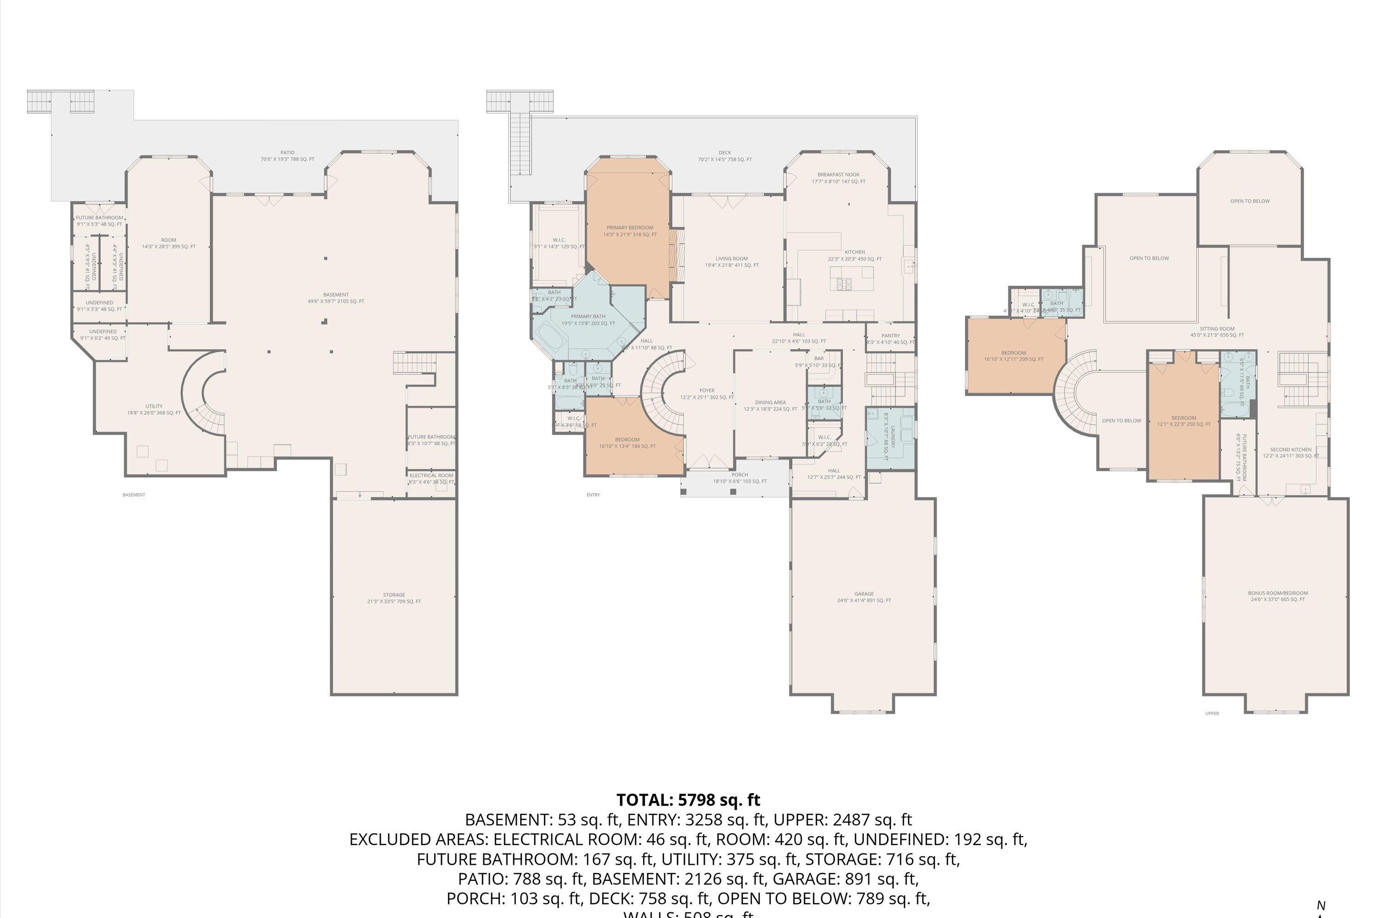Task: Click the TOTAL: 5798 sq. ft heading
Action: tap(688, 800)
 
